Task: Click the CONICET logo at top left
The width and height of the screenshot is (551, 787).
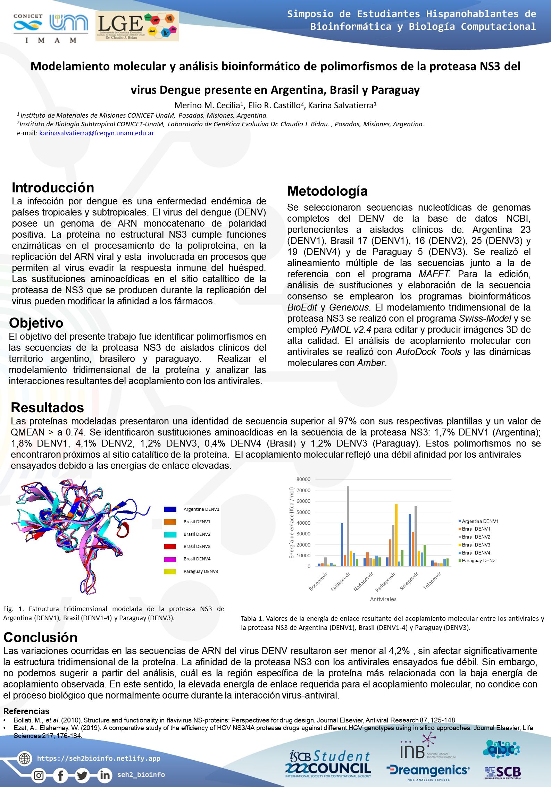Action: pyautogui.click(x=28, y=23)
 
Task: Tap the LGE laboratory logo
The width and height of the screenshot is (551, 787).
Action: pyautogui.click(x=137, y=26)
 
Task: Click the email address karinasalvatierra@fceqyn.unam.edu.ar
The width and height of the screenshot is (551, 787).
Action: pyautogui.click(x=97, y=133)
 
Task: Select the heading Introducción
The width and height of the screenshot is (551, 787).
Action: pyautogui.click(x=53, y=188)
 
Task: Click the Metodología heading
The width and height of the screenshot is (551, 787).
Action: pyautogui.click(x=327, y=191)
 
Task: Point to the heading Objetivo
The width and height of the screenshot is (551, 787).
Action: pyautogui.click(x=36, y=323)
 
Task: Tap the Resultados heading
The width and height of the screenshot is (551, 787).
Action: pyautogui.click(x=47, y=408)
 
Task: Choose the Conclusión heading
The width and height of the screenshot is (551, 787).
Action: pyautogui.click(x=40, y=638)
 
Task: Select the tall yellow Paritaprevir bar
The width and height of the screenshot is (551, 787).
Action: pyautogui.click(x=396, y=535)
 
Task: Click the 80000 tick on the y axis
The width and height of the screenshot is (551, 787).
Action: pyautogui.click(x=303, y=479)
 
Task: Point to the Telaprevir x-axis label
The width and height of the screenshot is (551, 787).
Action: pyautogui.click(x=432, y=581)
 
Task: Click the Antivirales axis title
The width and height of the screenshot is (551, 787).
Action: pyautogui.click(x=383, y=599)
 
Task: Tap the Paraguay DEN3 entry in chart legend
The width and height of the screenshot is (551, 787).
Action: pyautogui.click(x=478, y=561)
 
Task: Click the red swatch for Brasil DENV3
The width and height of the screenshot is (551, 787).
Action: pyautogui.click(x=170, y=547)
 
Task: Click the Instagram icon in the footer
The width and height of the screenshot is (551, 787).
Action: pyautogui.click(x=39, y=775)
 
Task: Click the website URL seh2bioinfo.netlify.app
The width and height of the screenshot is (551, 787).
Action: pyautogui.click(x=99, y=759)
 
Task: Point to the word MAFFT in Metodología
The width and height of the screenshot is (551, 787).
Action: pyautogui.click(x=434, y=274)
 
